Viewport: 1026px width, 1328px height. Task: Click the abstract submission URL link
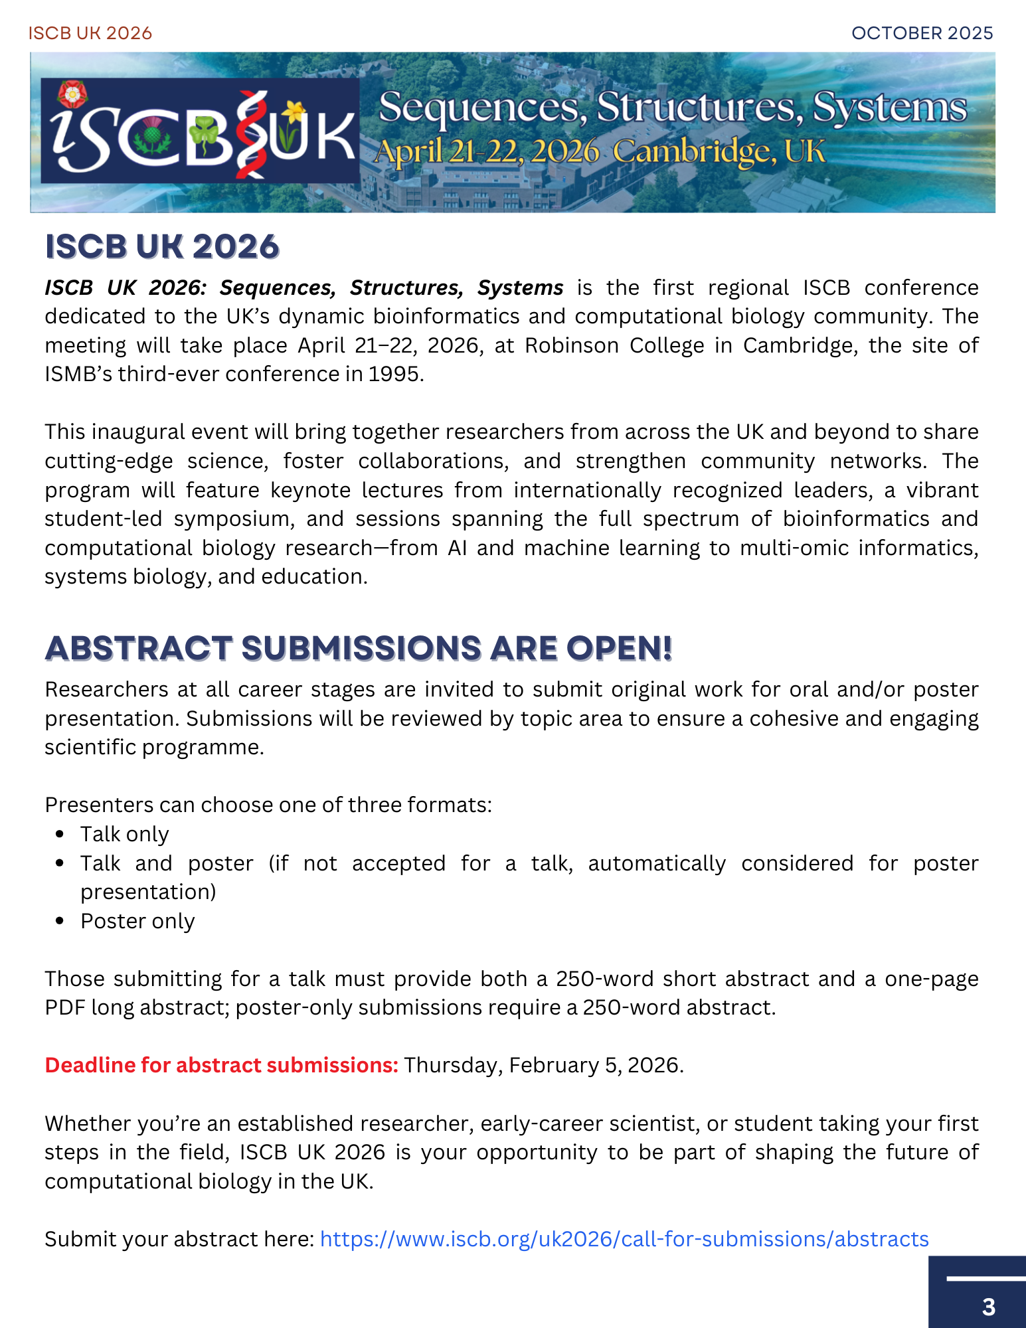tap(624, 1239)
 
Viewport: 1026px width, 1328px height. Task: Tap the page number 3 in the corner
tap(988, 1307)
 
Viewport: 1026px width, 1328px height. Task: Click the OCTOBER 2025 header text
tap(922, 33)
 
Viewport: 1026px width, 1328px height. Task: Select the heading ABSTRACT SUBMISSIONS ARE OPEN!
tap(359, 649)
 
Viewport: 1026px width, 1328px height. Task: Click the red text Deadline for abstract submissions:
tap(221, 1065)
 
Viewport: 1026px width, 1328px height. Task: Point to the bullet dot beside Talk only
tap(60, 834)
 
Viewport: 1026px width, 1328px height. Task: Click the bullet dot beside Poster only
tap(60, 921)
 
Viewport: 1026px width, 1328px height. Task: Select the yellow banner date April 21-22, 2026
tap(487, 151)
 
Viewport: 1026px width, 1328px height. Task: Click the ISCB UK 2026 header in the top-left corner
tap(90, 33)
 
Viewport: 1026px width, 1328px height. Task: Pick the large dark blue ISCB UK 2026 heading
tap(162, 247)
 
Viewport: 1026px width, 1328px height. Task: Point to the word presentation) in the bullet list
tap(148, 892)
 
